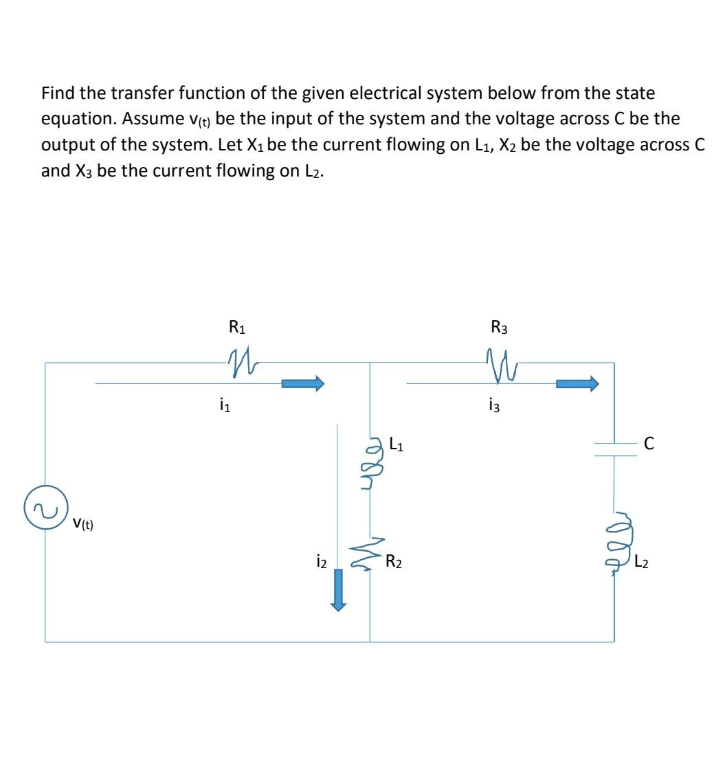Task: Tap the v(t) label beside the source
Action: (83, 525)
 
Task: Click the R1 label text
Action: (236, 328)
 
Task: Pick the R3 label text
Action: (500, 328)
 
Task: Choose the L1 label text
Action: (397, 444)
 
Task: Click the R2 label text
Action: (394, 563)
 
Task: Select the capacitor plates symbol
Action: (615, 447)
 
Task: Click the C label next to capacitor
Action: (649, 444)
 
